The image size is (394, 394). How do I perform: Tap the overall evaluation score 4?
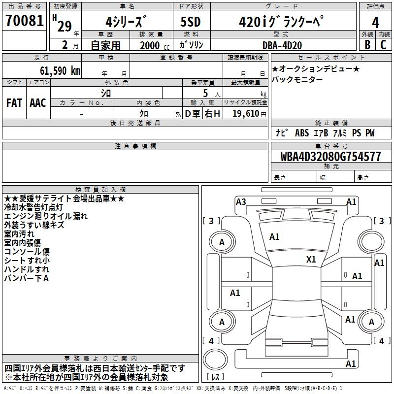(x=375, y=22)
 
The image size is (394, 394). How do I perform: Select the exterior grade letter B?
(x=367, y=45)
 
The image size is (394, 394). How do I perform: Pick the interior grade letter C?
(x=383, y=45)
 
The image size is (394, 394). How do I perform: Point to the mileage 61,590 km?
(x=57, y=70)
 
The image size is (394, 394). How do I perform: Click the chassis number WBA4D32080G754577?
(x=331, y=157)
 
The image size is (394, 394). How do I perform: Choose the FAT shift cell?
(x=14, y=103)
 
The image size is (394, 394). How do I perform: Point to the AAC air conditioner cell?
(x=37, y=103)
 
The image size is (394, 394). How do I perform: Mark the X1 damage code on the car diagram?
(x=311, y=259)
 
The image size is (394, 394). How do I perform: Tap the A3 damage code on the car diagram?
(x=241, y=201)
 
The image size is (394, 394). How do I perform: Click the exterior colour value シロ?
(x=106, y=93)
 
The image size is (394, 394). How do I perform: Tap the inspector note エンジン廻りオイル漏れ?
(x=45, y=216)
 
